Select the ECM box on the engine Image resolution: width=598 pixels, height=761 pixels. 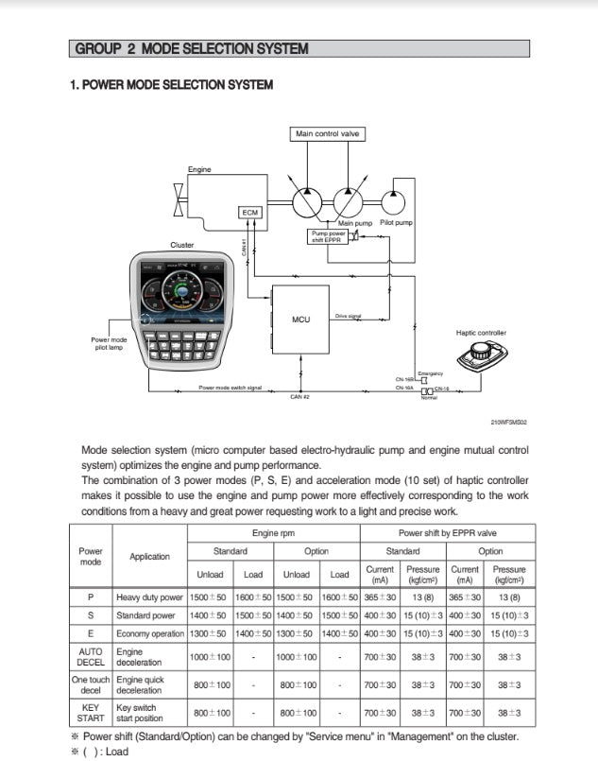point(250,213)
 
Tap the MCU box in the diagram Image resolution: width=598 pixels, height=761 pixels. point(300,320)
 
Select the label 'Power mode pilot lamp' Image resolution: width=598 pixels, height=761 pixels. point(109,343)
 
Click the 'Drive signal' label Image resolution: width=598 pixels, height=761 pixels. point(349,316)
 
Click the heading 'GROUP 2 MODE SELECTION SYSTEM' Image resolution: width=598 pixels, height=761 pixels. point(190,48)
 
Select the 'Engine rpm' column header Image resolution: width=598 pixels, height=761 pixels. point(275,532)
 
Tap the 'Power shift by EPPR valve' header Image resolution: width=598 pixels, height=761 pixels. point(448,532)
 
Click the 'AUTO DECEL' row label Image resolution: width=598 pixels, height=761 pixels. point(91,657)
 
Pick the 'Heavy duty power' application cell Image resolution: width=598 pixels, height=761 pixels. point(149,597)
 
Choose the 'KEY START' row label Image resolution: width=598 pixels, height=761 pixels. point(91,712)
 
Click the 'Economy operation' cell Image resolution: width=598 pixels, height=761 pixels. point(149,633)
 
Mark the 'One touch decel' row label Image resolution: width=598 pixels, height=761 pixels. point(91,684)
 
